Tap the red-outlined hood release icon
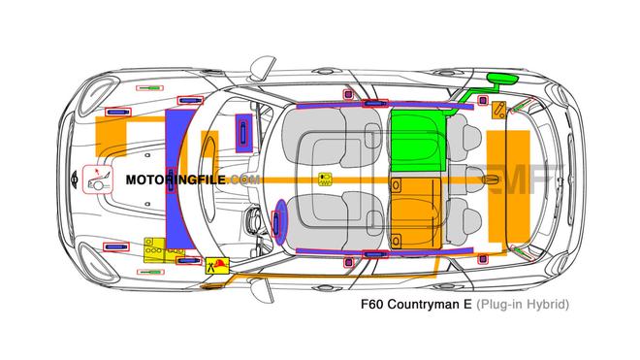(97, 180)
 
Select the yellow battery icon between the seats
(325, 179)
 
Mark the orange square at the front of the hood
(116, 136)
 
